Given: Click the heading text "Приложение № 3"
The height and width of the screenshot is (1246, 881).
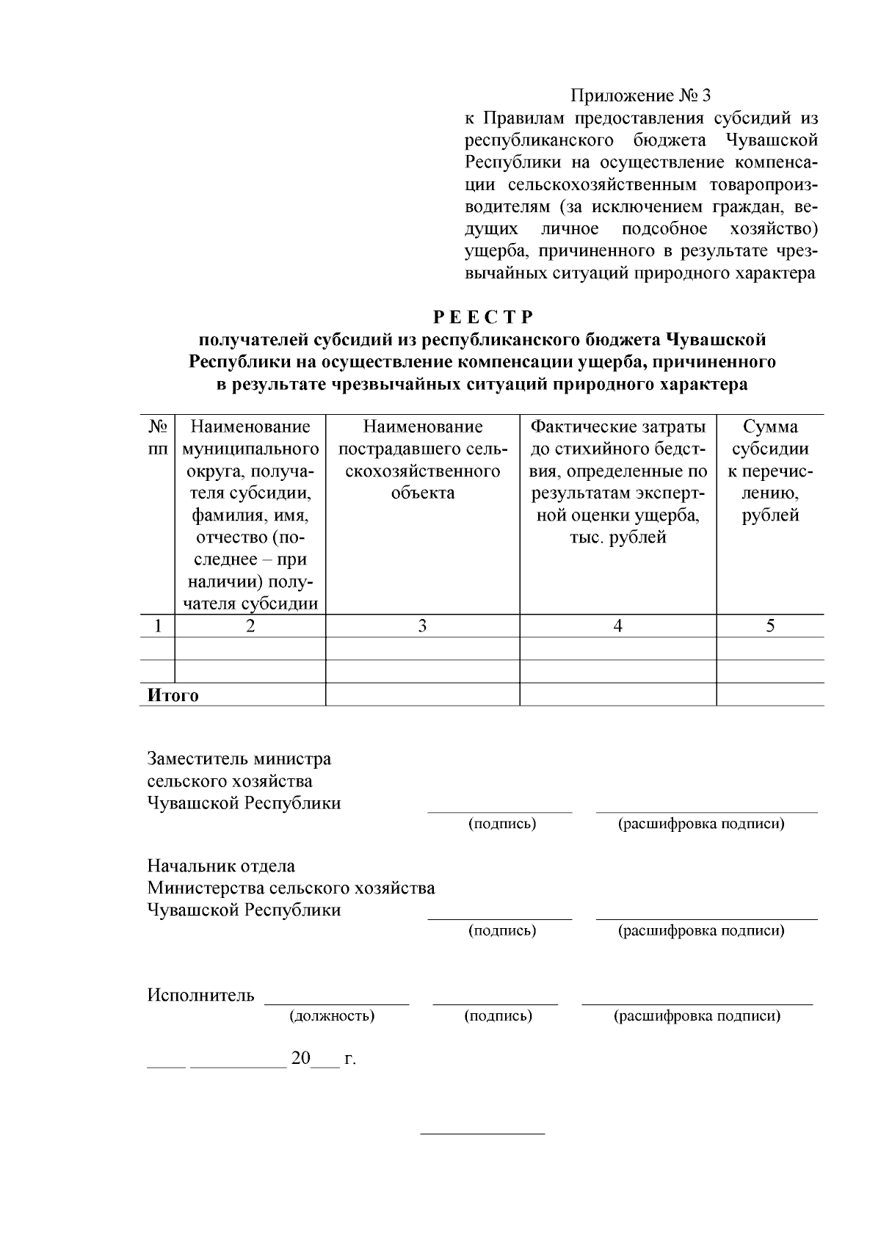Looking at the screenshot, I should tap(641, 96).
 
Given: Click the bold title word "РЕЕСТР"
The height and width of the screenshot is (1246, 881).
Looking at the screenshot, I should tap(482, 317).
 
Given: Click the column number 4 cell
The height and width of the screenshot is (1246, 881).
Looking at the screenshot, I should tap(618, 626).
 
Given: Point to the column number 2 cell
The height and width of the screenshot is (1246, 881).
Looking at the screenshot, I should tap(250, 626).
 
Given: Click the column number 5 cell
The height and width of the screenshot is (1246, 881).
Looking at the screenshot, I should tap(770, 626).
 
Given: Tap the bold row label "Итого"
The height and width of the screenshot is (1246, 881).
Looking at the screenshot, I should tap(173, 695).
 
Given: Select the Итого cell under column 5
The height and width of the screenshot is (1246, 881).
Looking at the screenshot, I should tap(770, 695).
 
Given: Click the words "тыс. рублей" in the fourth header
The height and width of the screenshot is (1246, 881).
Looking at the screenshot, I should tap(618, 537).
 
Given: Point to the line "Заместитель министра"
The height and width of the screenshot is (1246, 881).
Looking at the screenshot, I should tap(239, 758).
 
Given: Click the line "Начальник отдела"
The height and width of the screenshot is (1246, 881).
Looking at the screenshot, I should tap(221, 866).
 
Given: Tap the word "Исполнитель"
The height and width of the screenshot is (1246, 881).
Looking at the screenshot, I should tap(200, 996).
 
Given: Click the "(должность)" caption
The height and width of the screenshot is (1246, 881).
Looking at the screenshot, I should tap(332, 1016).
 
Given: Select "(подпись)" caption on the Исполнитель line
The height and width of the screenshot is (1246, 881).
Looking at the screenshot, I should tap(498, 1016).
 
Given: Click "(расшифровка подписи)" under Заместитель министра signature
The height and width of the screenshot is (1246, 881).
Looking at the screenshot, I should tap(701, 824).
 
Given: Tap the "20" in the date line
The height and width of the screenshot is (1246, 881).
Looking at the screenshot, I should tap(301, 1059).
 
